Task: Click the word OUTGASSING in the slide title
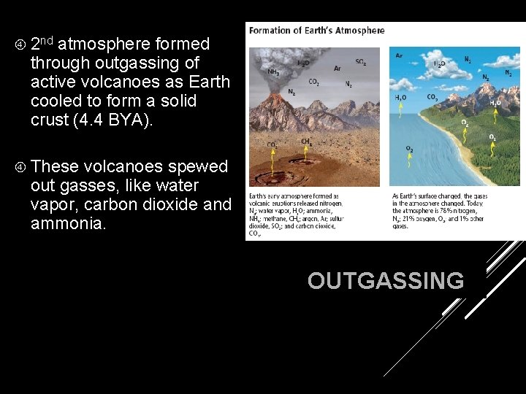click(385, 281)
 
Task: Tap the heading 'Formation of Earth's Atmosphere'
click(316, 31)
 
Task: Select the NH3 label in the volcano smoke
click(273, 72)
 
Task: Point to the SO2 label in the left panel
click(361, 62)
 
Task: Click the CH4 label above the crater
click(307, 142)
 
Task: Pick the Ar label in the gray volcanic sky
click(337, 69)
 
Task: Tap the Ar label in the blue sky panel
click(399, 55)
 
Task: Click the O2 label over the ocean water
click(410, 150)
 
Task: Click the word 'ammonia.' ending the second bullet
click(68, 223)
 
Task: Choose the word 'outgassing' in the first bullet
click(126, 63)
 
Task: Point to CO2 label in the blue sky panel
click(432, 97)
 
